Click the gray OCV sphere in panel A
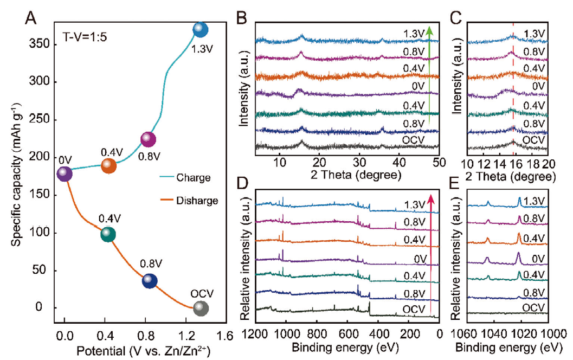pos(201,308)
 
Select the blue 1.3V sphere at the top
pos(201,30)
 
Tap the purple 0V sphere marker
pos(65,173)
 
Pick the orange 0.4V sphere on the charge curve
pos(108,165)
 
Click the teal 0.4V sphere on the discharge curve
pos(108,234)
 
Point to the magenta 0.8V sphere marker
pos(148,139)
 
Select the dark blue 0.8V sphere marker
pos(150,281)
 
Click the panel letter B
pos(242,20)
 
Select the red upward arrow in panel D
pos(431,255)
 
